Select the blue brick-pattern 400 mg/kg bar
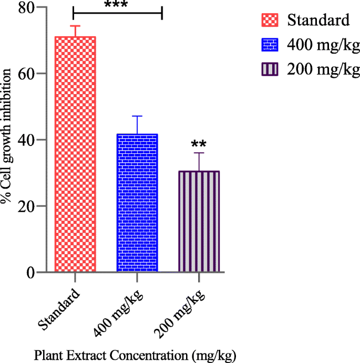[x=137, y=203]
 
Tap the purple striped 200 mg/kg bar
[x=199, y=222]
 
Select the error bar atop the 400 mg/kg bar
[x=137, y=125]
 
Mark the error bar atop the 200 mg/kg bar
[x=199, y=161]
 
